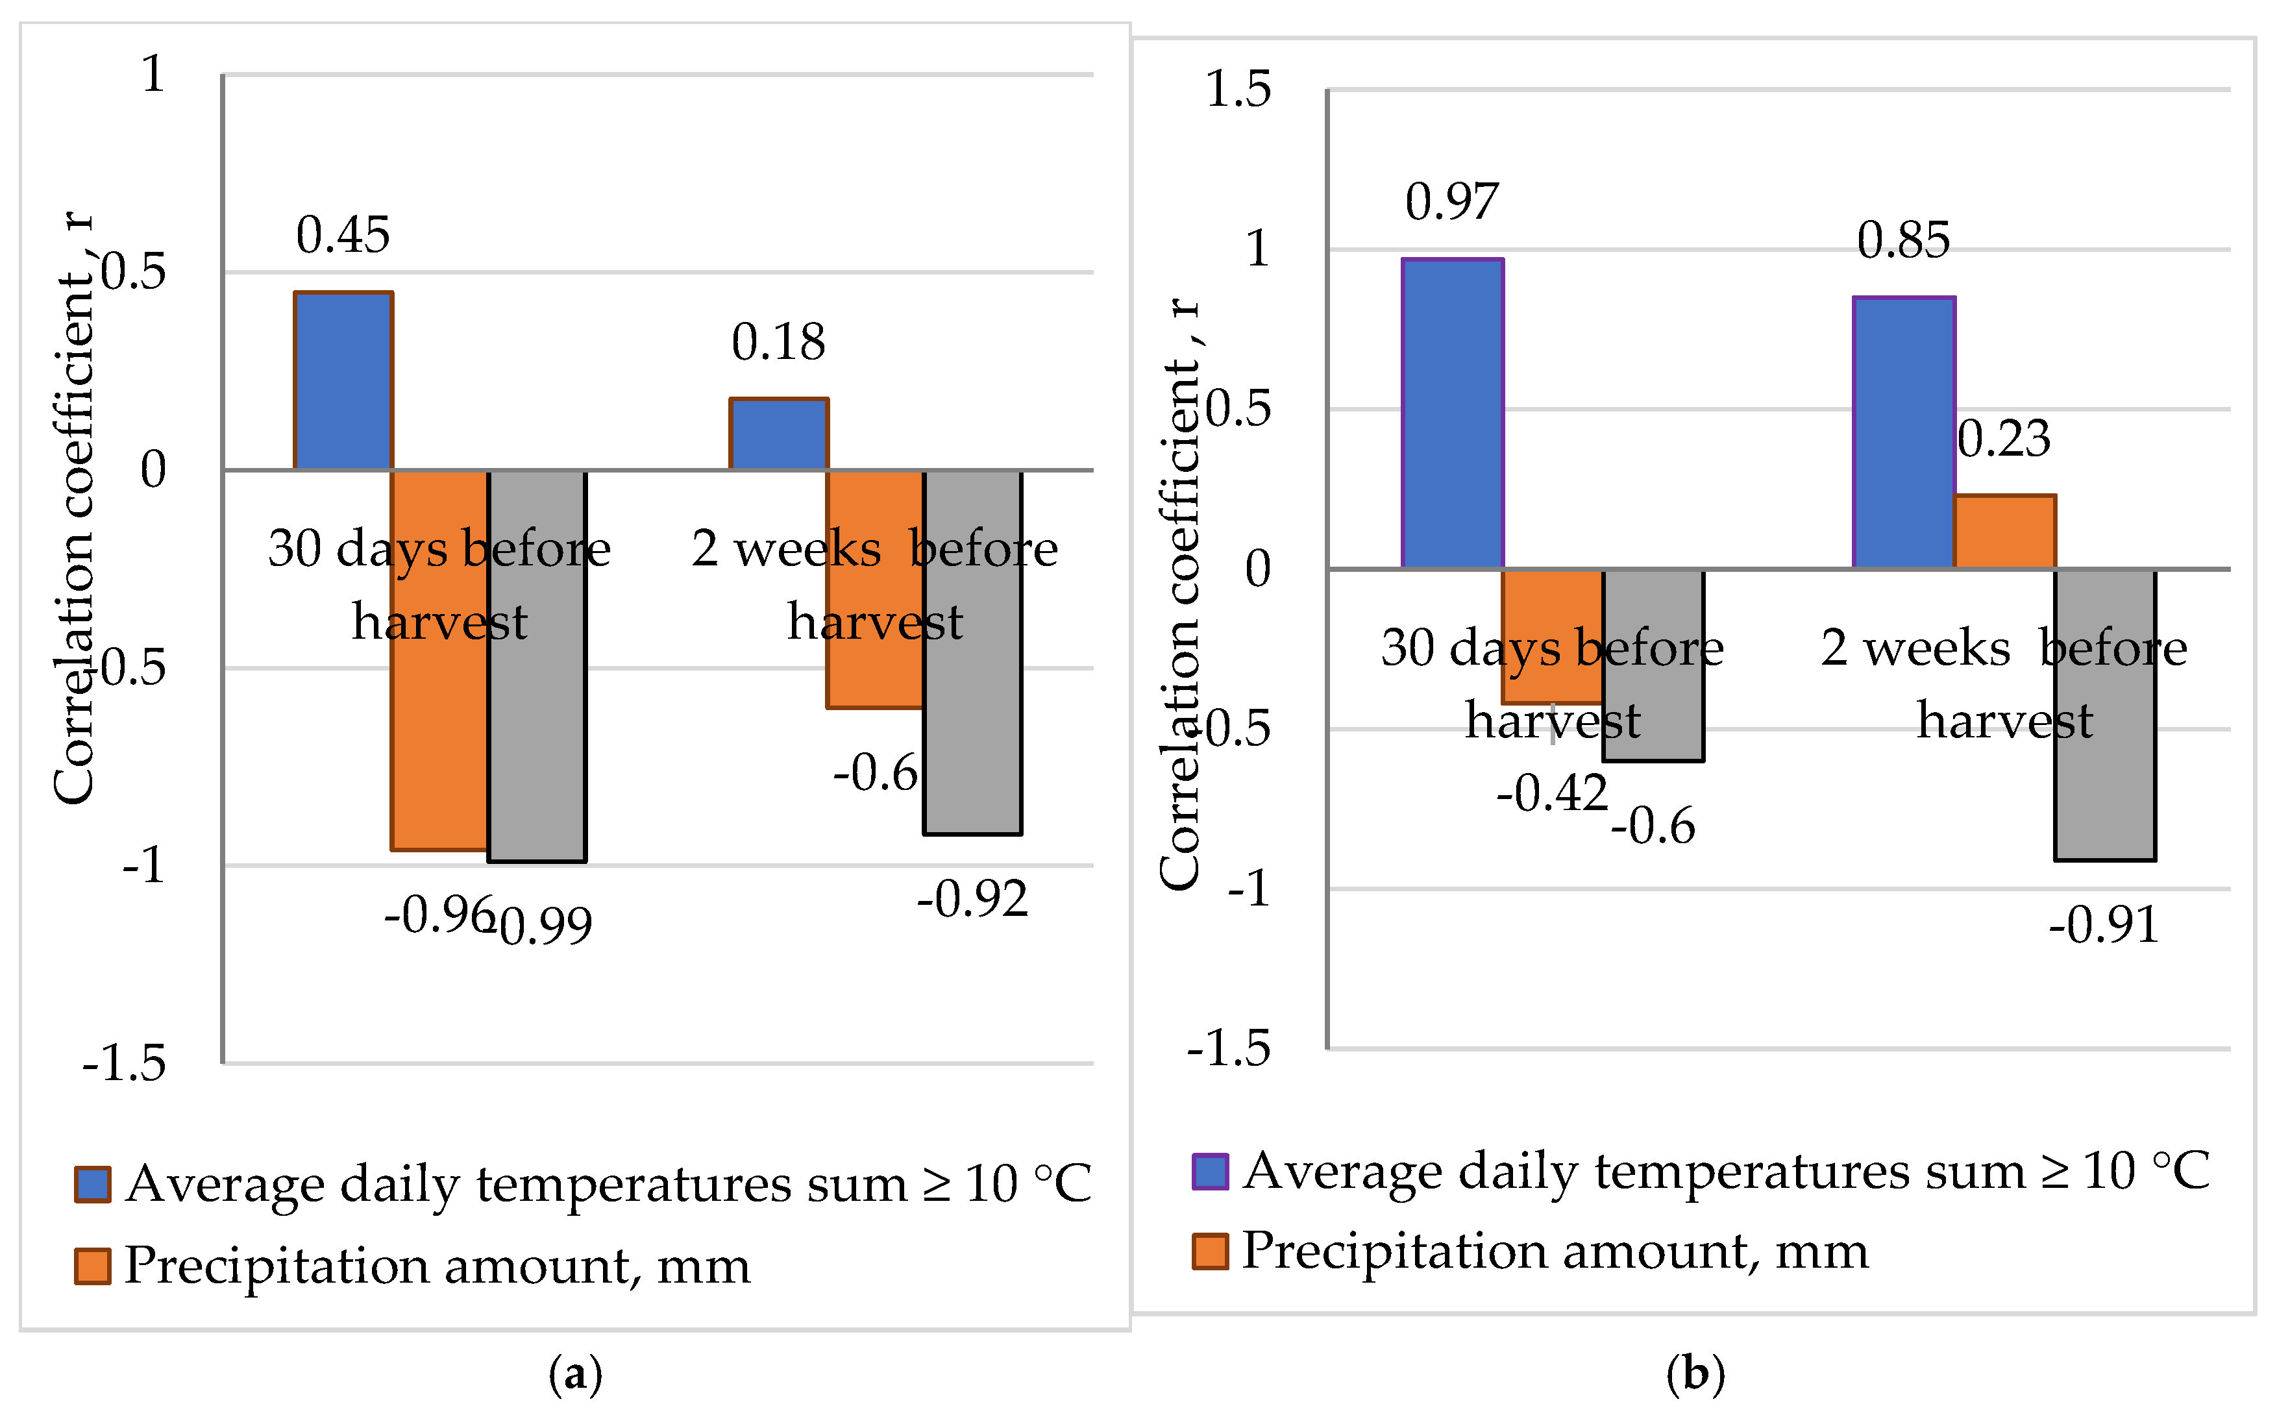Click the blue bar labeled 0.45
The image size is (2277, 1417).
click(343, 380)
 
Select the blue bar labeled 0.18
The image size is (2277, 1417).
click(779, 434)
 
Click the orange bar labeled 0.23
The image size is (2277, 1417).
click(2005, 532)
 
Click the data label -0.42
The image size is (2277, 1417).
click(1552, 793)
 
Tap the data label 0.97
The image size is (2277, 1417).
click(1451, 201)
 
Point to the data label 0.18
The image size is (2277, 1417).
click(778, 342)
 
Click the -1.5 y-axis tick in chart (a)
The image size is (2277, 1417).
click(125, 1064)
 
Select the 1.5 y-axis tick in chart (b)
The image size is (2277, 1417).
click(1238, 90)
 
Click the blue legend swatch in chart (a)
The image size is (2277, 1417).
click(93, 1185)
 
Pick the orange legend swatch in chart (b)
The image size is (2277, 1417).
click(1210, 1252)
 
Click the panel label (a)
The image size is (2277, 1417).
click(575, 1375)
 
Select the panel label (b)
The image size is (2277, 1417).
click(1695, 1374)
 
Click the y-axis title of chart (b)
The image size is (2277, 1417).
click(1180, 595)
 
